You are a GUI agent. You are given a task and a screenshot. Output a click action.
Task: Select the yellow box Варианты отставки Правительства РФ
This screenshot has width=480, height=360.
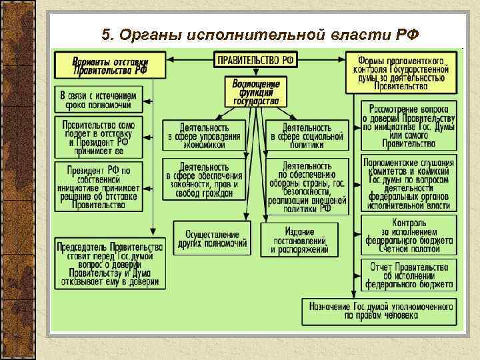tap(111, 66)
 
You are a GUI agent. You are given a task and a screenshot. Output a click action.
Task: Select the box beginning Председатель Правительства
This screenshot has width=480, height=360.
tap(109, 264)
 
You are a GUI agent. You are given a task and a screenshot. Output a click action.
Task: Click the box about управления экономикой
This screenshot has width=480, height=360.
tap(205, 135)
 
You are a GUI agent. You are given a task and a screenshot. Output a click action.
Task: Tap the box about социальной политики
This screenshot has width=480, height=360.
tap(307, 135)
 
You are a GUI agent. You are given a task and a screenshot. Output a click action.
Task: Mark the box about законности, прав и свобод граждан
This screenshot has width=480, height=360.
tap(205, 180)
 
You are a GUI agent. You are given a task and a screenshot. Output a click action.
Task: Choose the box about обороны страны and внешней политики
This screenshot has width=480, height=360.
tap(307, 185)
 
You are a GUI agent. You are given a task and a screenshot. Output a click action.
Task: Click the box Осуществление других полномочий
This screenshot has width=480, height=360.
tap(211, 238)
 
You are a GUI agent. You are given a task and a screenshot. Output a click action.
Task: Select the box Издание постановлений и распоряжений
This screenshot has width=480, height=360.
tap(299, 240)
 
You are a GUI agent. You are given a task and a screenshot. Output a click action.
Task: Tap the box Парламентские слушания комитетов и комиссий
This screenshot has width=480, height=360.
tap(409, 183)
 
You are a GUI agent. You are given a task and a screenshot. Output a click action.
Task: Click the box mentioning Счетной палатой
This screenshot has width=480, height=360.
tap(409, 234)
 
